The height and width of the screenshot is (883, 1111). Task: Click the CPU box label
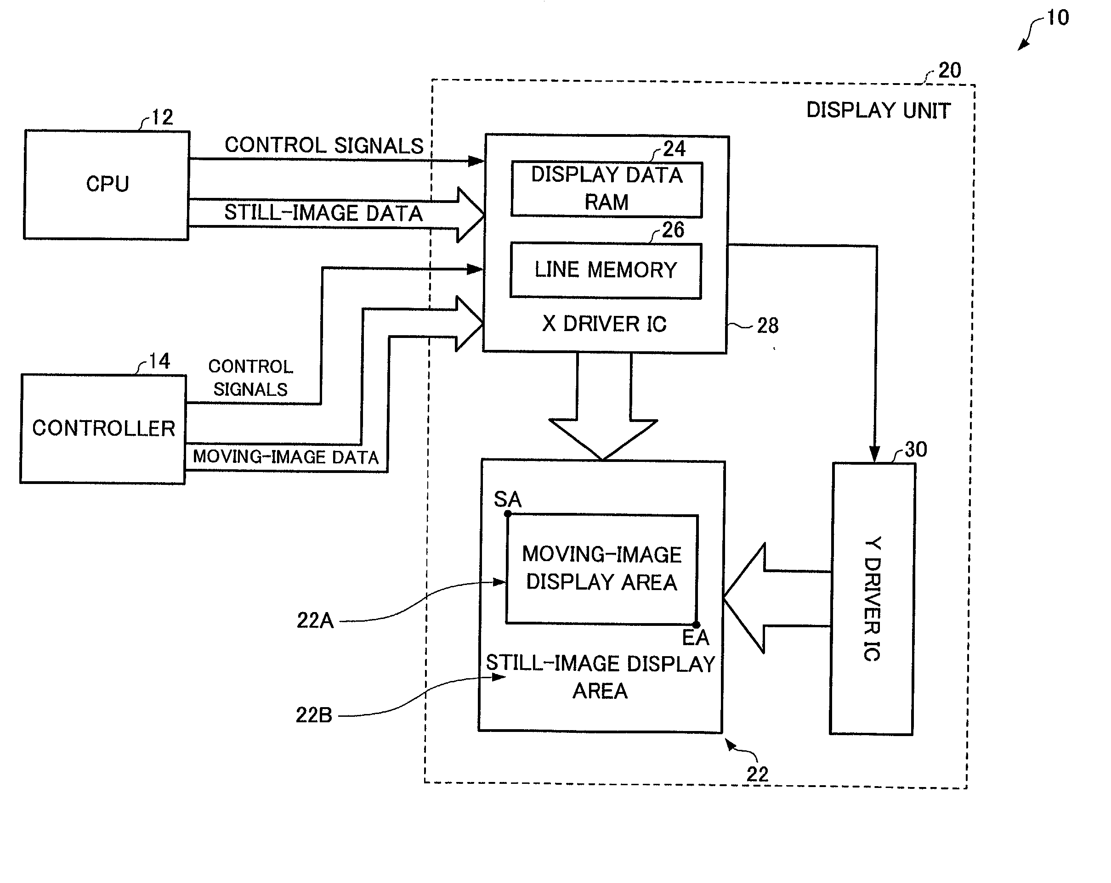[x=107, y=184]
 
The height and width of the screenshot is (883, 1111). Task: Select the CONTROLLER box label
[x=103, y=428]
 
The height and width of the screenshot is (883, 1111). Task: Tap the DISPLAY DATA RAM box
[x=607, y=190]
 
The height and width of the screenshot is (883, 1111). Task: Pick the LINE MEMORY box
[x=606, y=270]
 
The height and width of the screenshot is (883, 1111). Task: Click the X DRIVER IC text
[x=605, y=324]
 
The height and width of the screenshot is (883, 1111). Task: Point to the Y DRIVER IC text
[x=872, y=599]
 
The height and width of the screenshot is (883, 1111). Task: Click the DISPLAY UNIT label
[x=879, y=111]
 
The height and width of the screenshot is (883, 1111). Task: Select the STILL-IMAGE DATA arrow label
[x=323, y=213]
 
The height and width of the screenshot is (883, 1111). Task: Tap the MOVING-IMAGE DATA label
[x=285, y=457]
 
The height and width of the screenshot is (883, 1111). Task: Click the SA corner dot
[x=508, y=514]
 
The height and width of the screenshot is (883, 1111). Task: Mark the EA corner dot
[x=696, y=625]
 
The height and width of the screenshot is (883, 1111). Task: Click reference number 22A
[x=315, y=620]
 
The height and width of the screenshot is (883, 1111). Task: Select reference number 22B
[x=314, y=715]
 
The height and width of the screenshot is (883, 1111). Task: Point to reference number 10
[x=1057, y=18]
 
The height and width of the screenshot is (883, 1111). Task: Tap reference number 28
[x=768, y=326]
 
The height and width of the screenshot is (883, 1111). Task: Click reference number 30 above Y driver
[x=916, y=450]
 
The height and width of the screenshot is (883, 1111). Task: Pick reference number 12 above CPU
[x=162, y=118]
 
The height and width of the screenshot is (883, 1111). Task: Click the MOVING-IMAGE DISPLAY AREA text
[x=601, y=568]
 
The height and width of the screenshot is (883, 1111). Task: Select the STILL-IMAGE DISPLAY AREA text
[x=601, y=677]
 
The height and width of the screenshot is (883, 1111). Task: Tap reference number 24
[x=674, y=149]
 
